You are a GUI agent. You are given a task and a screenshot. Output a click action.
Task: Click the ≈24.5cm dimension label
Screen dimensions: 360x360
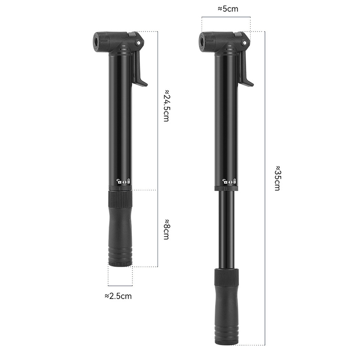166,106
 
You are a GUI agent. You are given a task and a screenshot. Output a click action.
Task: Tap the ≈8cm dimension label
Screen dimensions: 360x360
166,229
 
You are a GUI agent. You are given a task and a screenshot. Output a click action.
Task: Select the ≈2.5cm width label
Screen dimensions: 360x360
118,296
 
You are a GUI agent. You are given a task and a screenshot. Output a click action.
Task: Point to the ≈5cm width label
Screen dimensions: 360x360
228,9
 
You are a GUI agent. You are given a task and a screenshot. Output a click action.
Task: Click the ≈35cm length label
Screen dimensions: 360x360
278,178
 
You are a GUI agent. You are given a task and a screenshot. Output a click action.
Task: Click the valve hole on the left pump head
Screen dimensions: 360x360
96,42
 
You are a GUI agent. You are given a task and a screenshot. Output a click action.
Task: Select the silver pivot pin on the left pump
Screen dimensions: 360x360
139,42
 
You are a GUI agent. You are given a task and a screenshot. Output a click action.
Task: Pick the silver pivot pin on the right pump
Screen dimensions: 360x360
245,42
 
